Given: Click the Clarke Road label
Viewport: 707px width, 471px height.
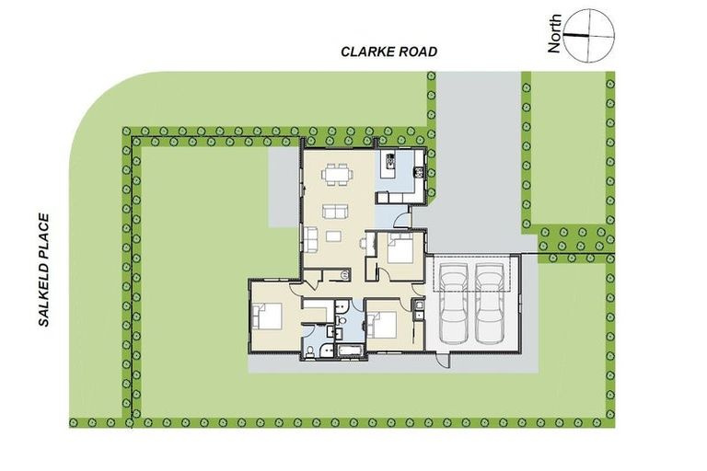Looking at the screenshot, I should point(388,52).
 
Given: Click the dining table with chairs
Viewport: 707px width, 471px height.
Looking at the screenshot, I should point(339,174).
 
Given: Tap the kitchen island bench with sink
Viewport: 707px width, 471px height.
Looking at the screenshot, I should point(389,167).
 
